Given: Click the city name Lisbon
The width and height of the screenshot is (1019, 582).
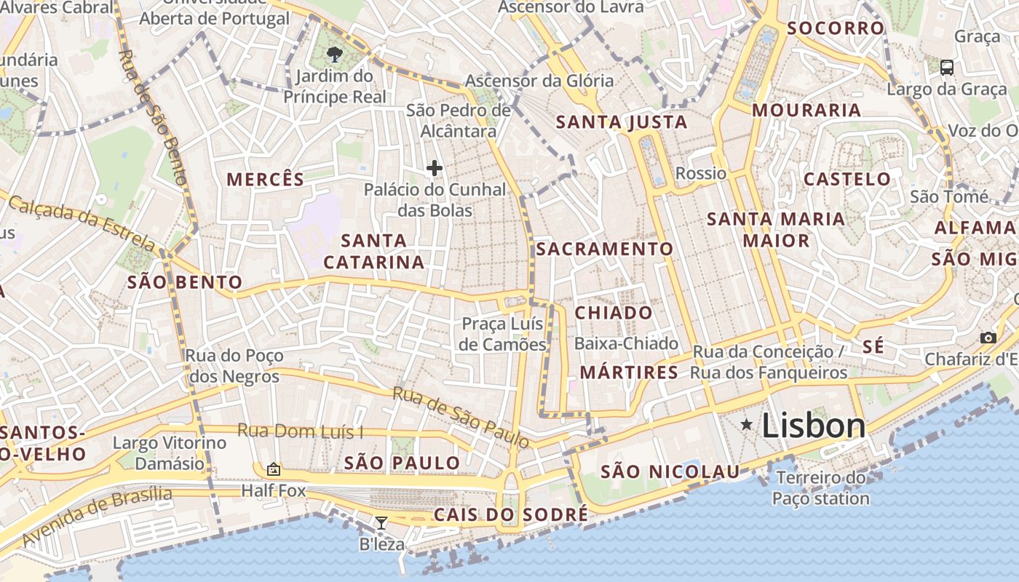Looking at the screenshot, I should (x=814, y=426).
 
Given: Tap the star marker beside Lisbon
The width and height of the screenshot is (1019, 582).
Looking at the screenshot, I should (x=746, y=424).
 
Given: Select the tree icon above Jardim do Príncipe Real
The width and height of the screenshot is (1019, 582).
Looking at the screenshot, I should (x=334, y=54).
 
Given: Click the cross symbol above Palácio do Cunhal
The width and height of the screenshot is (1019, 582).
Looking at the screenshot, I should (x=435, y=169).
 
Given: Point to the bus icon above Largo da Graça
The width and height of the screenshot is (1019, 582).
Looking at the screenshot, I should (x=946, y=68).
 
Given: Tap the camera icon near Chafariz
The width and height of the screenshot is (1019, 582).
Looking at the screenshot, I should (x=988, y=338).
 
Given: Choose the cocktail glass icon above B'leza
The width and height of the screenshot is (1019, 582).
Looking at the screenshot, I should (x=381, y=522).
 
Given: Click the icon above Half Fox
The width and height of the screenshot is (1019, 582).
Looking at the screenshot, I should (x=274, y=469).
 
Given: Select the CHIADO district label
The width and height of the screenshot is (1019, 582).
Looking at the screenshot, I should (x=614, y=314).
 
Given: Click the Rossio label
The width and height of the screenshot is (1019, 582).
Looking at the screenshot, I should (x=701, y=173).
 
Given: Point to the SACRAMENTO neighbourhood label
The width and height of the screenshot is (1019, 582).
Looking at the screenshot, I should (x=605, y=249).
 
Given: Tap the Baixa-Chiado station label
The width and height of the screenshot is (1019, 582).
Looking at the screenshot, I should (x=626, y=343).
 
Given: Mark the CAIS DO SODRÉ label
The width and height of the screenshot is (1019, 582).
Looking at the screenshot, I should (x=510, y=515).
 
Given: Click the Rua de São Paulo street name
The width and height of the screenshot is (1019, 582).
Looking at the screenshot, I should (x=461, y=417).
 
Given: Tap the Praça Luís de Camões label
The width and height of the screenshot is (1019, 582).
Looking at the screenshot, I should (x=503, y=334).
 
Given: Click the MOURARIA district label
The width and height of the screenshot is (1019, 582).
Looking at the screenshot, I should (x=806, y=111).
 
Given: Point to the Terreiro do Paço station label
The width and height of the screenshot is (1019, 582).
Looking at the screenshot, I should (x=821, y=488).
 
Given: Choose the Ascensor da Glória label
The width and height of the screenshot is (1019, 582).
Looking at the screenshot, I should (x=539, y=81).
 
